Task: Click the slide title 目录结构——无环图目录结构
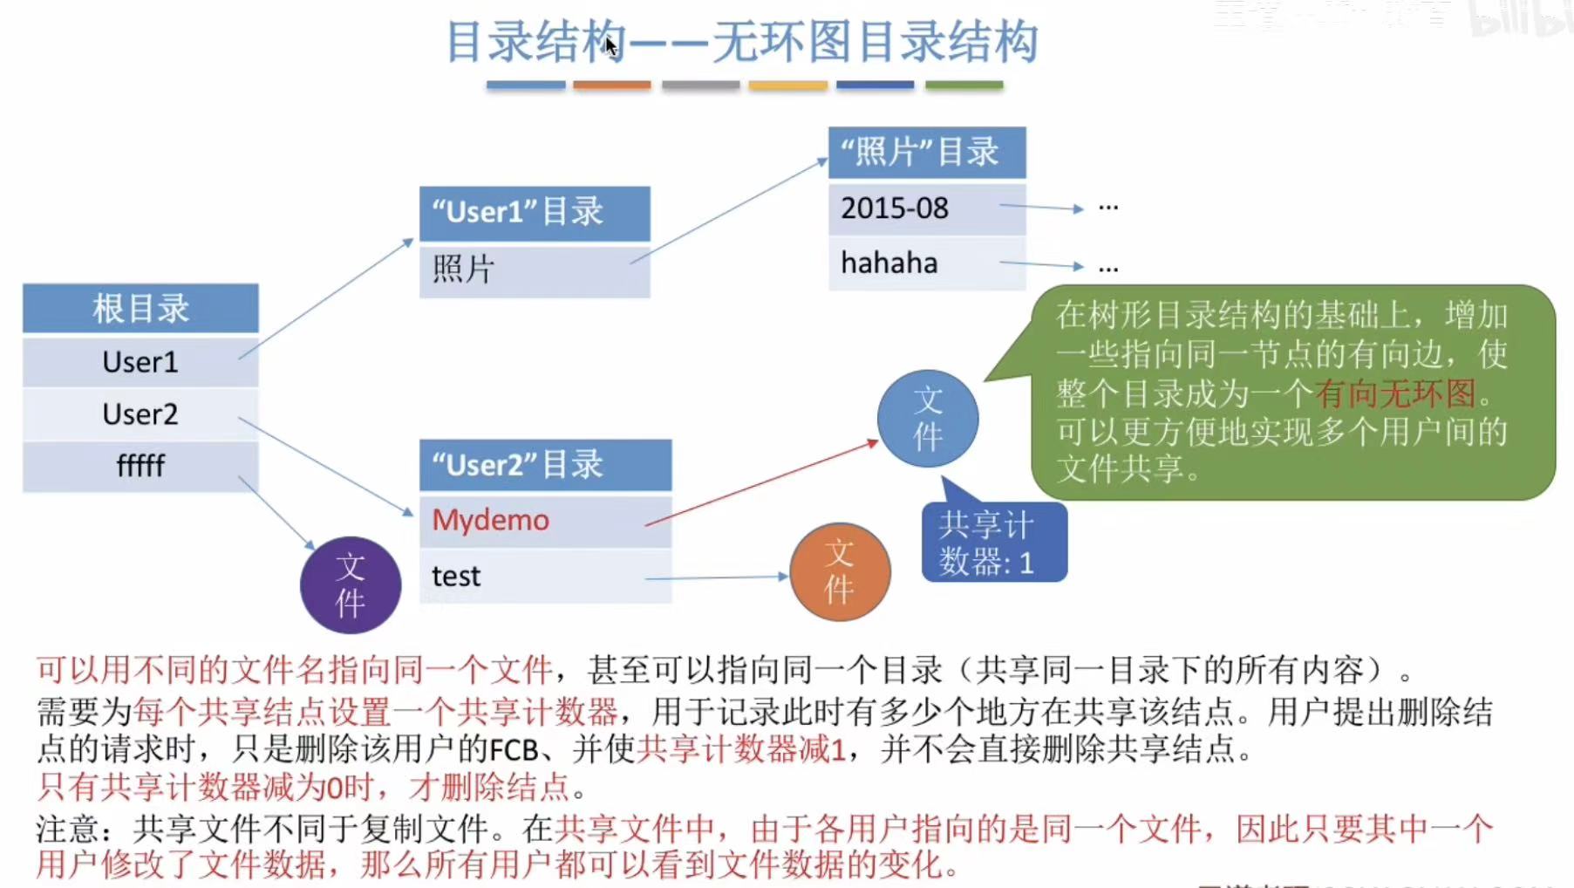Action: tap(741, 42)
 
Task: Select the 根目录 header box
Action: tap(140, 308)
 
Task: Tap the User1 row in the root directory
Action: tap(140, 361)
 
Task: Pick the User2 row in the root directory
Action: tap(140, 413)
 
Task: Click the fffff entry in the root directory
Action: tap(140, 466)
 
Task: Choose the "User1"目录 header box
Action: tap(534, 212)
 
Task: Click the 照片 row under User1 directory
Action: tap(534, 270)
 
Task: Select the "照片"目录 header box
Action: tap(926, 152)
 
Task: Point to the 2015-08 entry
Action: tap(895, 208)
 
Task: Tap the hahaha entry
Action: tap(889, 263)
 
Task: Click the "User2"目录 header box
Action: tap(545, 465)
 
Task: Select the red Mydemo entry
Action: tap(491, 520)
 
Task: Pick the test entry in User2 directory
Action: tap(456, 576)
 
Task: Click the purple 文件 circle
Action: tap(351, 584)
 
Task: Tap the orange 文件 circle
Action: tap(840, 572)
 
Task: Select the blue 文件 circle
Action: tap(928, 419)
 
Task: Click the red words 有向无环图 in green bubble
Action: tap(1395, 393)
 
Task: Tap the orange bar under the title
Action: tap(612, 85)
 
